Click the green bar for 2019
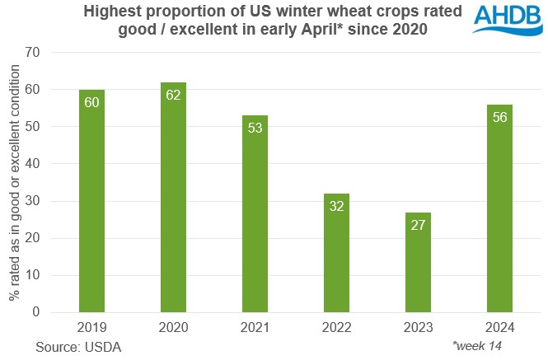(x=93, y=202)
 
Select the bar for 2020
(x=174, y=198)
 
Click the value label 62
(x=174, y=95)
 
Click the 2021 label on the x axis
(x=255, y=326)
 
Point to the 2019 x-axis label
(x=93, y=326)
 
